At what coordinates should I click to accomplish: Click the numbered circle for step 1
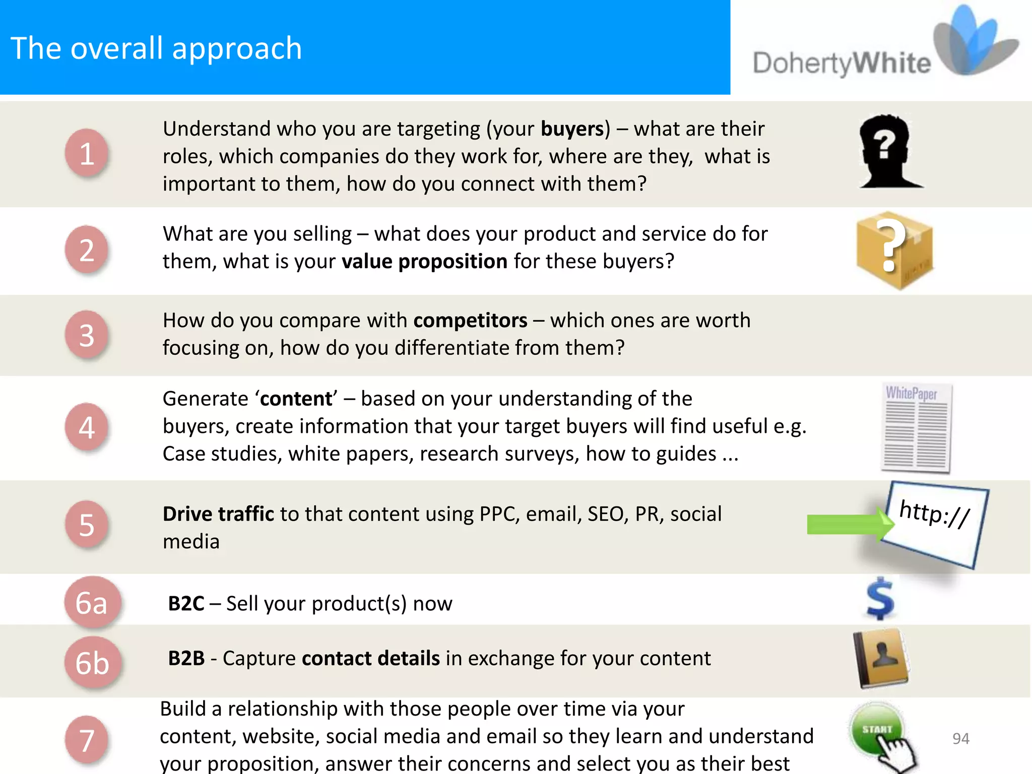point(87,153)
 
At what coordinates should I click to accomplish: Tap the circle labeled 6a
point(92,603)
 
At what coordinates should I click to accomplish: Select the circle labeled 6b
point(92,663)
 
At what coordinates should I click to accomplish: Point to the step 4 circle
point(87,427)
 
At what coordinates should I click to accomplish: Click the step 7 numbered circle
point(87,740)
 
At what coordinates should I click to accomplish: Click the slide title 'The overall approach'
point(156,48)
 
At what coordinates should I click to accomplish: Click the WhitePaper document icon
point(917,428)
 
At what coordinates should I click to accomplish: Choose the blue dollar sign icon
point(880,599)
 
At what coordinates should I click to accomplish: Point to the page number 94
point(960,739)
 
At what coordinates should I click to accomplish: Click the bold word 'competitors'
point(470,320)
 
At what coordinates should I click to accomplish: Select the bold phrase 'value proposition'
point(424,262)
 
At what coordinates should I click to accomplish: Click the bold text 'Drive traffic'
point(218,514)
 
